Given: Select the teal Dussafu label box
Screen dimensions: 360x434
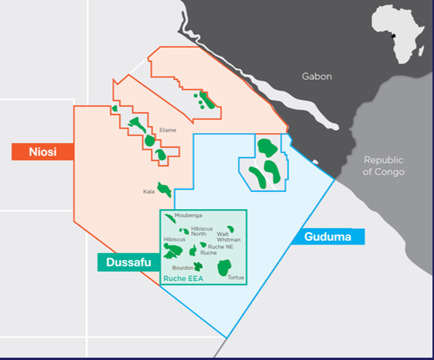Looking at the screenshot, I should [124, 263].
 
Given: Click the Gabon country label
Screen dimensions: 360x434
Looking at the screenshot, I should [317, 77].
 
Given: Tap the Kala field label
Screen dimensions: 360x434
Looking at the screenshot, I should [149, 190].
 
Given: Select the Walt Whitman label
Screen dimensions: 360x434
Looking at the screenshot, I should [228, 236].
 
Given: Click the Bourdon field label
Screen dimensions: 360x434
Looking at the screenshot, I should [183, 267].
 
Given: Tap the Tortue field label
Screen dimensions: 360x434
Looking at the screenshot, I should [237, 276].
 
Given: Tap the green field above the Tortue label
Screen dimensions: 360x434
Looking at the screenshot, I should [224, 268].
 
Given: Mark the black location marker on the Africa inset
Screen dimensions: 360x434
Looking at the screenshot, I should [394, 36].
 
